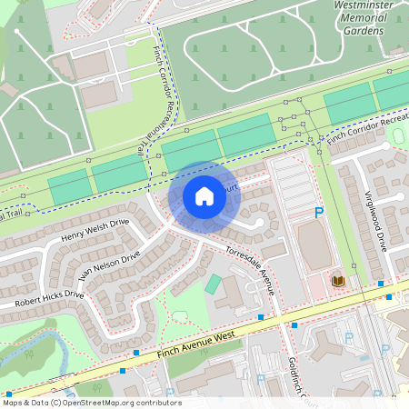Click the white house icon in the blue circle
point(204,196)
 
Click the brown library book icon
point(338,282)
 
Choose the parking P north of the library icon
point(319,213)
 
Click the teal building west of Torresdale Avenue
point(213,284)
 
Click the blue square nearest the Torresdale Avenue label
point(261,317)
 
